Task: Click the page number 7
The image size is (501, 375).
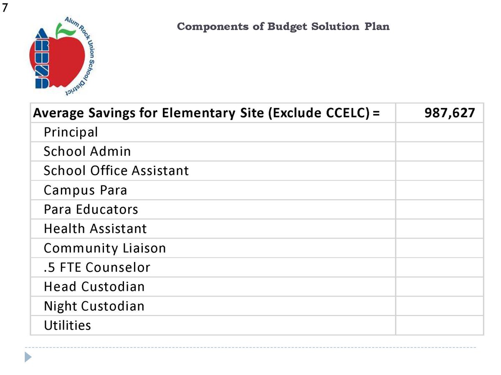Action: click(x=5, y=8)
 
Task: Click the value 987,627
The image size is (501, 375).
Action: click(x=450, y=113)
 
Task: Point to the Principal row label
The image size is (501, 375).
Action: click(x=71, y=132)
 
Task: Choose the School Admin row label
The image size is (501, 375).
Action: click(x=87, y=151)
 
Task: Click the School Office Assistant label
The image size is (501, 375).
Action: click(x=116, y=170)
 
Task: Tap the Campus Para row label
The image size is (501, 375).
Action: click(x=85, y=190)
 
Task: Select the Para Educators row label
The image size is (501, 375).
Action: click(x=91, y=209)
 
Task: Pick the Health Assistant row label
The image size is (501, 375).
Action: click(x=95, y=228)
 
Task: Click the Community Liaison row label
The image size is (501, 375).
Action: click(x=105, y=248)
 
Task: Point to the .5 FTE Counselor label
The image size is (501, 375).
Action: click(x=97, y=267)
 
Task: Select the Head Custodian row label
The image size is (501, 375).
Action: click(x=94, y=287)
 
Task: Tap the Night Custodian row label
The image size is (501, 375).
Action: click(x=94, y=306)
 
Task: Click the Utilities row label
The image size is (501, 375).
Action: click(x=67, y=325)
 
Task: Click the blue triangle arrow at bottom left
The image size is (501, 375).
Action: click(x=28, y=357)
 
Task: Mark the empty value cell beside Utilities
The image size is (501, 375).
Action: click(x=439, y=325)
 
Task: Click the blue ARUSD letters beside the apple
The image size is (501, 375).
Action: click(x=42, y=58)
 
